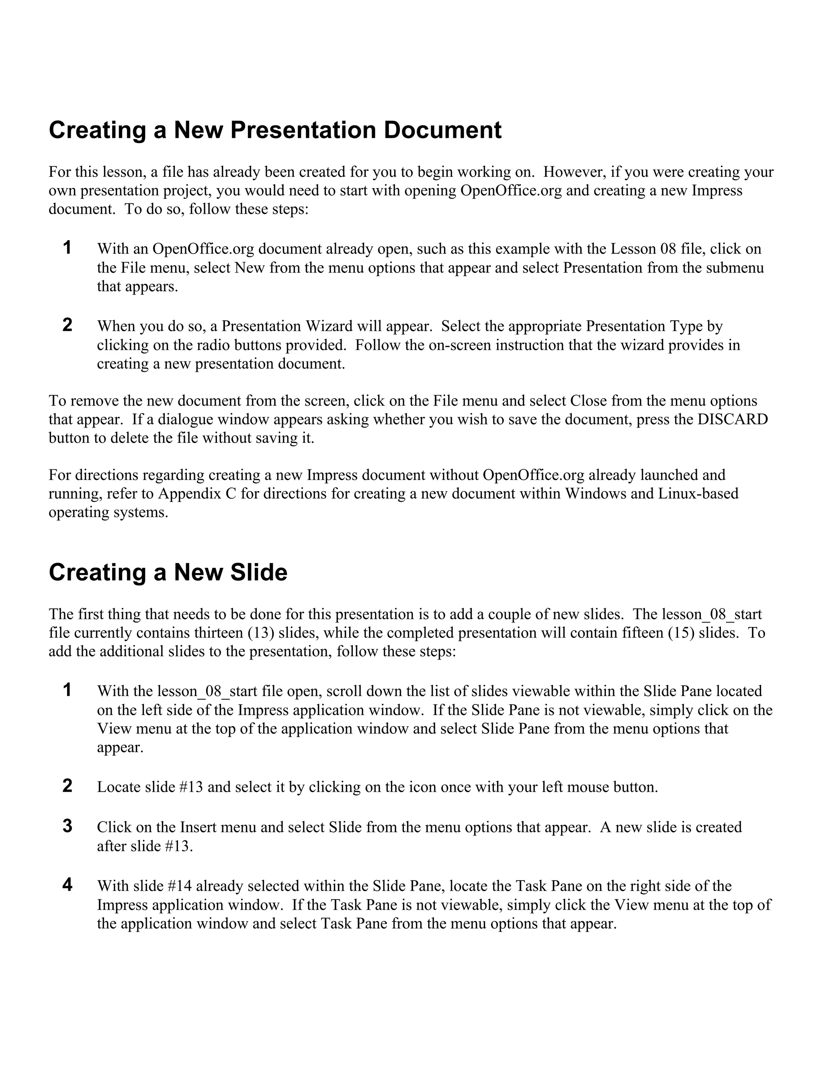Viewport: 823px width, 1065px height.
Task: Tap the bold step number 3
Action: [x=67, y=826]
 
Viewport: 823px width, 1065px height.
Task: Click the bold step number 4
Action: [x=67, y=885]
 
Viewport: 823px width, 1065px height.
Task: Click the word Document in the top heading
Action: [x=443, y=130]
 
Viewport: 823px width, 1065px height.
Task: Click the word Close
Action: [x=588, y=401]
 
